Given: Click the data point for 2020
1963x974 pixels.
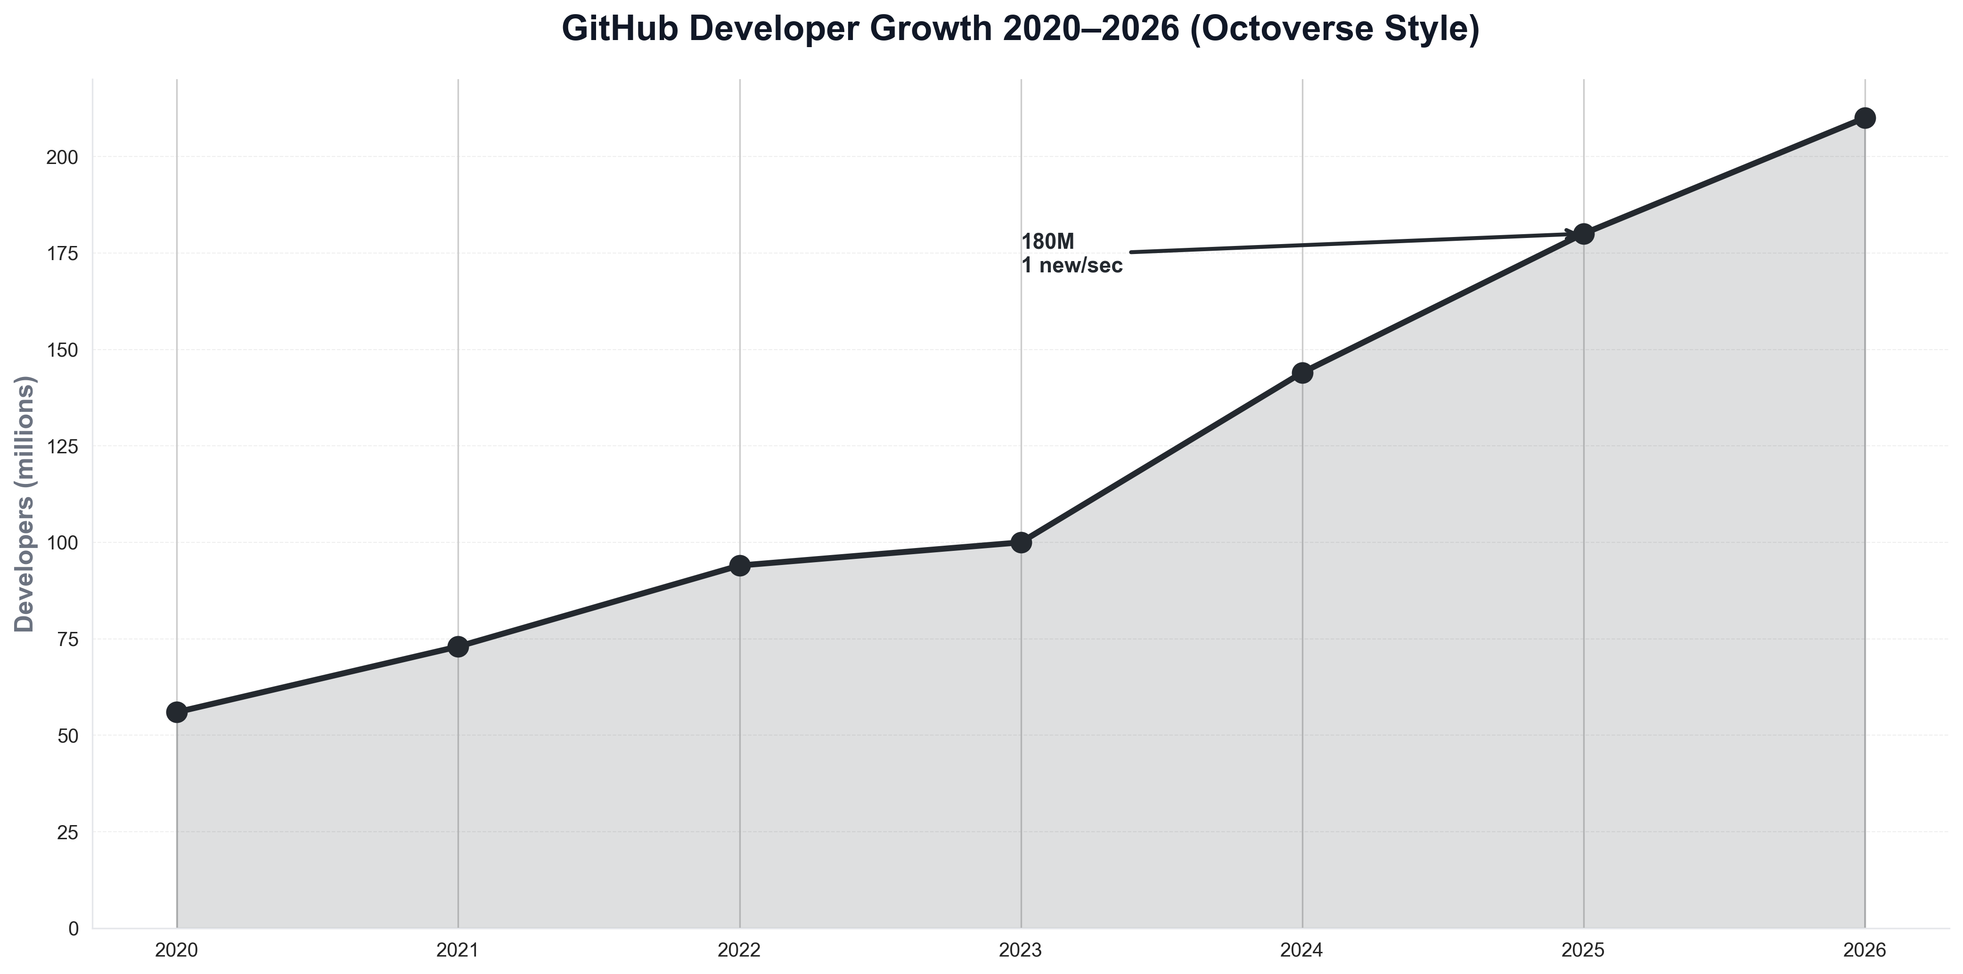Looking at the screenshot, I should [x=176, y=712].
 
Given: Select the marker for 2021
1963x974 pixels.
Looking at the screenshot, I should [x=458, y=647].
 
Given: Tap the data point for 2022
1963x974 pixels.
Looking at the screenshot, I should [x=739, y=565].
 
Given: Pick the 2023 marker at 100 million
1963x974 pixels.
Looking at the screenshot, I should [x=1021, y=543].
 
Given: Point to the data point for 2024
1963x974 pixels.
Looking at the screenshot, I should [x=1302, y=373].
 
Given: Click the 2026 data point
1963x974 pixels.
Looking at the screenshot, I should [x=1865, y=118].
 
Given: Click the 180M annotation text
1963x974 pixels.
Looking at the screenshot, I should [x=1048, y=242].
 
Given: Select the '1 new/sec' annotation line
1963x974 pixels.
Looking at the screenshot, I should [x=1071, y=266].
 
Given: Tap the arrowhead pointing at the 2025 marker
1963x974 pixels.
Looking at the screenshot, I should [x=1570, y=235].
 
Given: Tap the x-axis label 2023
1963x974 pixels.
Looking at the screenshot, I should [x=1021, y=950].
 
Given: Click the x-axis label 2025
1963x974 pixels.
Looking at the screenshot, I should [x=1584, y=950].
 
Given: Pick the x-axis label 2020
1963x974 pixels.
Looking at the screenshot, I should [x=176, y=950].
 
